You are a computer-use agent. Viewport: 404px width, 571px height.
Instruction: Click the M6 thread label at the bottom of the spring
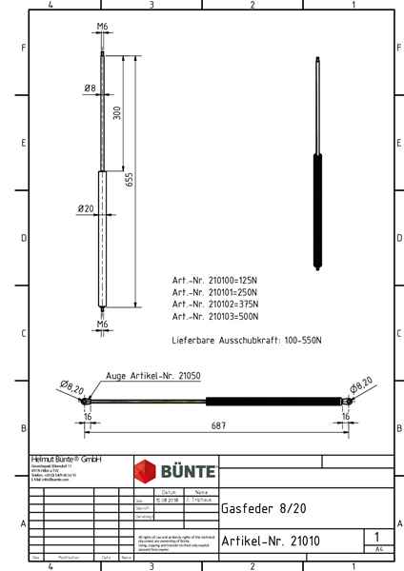click(102, 325)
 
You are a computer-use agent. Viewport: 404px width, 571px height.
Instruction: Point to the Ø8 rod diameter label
click(90, 89)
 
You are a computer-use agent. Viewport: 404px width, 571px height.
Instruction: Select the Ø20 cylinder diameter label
click(86, 208)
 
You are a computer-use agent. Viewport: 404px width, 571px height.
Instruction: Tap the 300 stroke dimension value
click(117, 113)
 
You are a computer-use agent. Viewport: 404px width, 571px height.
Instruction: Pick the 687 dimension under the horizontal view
click(218, 425)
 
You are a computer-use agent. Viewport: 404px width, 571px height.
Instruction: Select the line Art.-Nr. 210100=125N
click(214, 281)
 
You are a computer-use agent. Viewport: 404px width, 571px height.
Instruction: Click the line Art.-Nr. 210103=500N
click(214, 316)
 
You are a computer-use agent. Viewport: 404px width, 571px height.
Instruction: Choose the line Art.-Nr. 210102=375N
click(214, 304)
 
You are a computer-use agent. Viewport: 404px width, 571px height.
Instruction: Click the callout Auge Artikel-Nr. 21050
click(153, 376)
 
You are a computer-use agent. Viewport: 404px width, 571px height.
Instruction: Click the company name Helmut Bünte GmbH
click(66, 459)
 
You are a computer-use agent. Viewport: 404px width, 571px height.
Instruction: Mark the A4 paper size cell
click(378, 549)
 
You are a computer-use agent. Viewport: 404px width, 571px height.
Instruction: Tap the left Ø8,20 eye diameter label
click(71, 387)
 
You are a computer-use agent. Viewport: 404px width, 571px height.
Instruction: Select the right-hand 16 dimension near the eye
click(348, 416)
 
